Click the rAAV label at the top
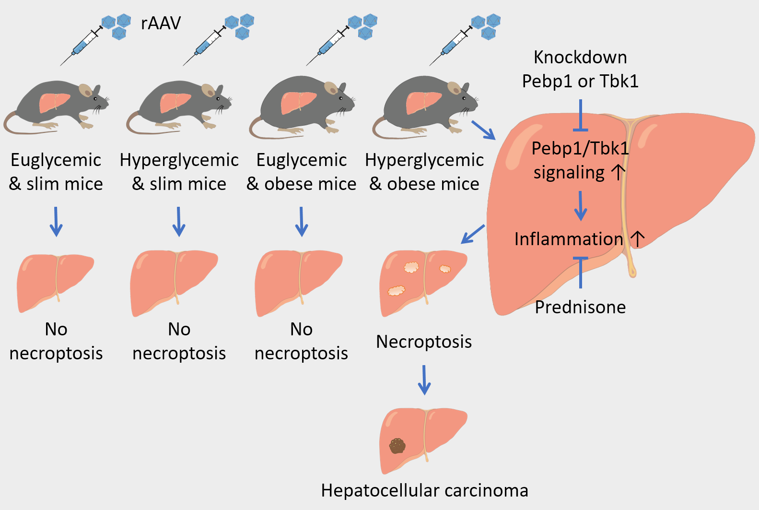point(161,23)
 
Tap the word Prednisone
point(580,307)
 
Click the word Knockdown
point(580,58)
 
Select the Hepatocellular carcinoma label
point(424,490)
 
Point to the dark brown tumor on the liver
point(397,446)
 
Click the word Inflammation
point(569,239)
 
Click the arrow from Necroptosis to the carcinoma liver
point(424,380)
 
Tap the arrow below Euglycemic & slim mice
point(56,221)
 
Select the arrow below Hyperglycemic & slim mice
point(179,221)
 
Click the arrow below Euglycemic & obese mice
point(302,221)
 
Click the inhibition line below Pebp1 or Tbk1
point(581,116)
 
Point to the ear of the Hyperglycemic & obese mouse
point(454,88)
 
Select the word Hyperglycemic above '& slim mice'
point(179,160)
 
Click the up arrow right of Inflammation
point(638,238)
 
